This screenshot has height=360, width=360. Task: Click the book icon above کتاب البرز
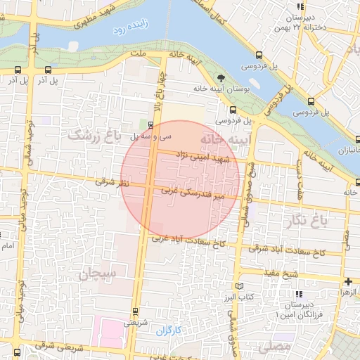point(240,287)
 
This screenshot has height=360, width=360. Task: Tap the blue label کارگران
point(169,329)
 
